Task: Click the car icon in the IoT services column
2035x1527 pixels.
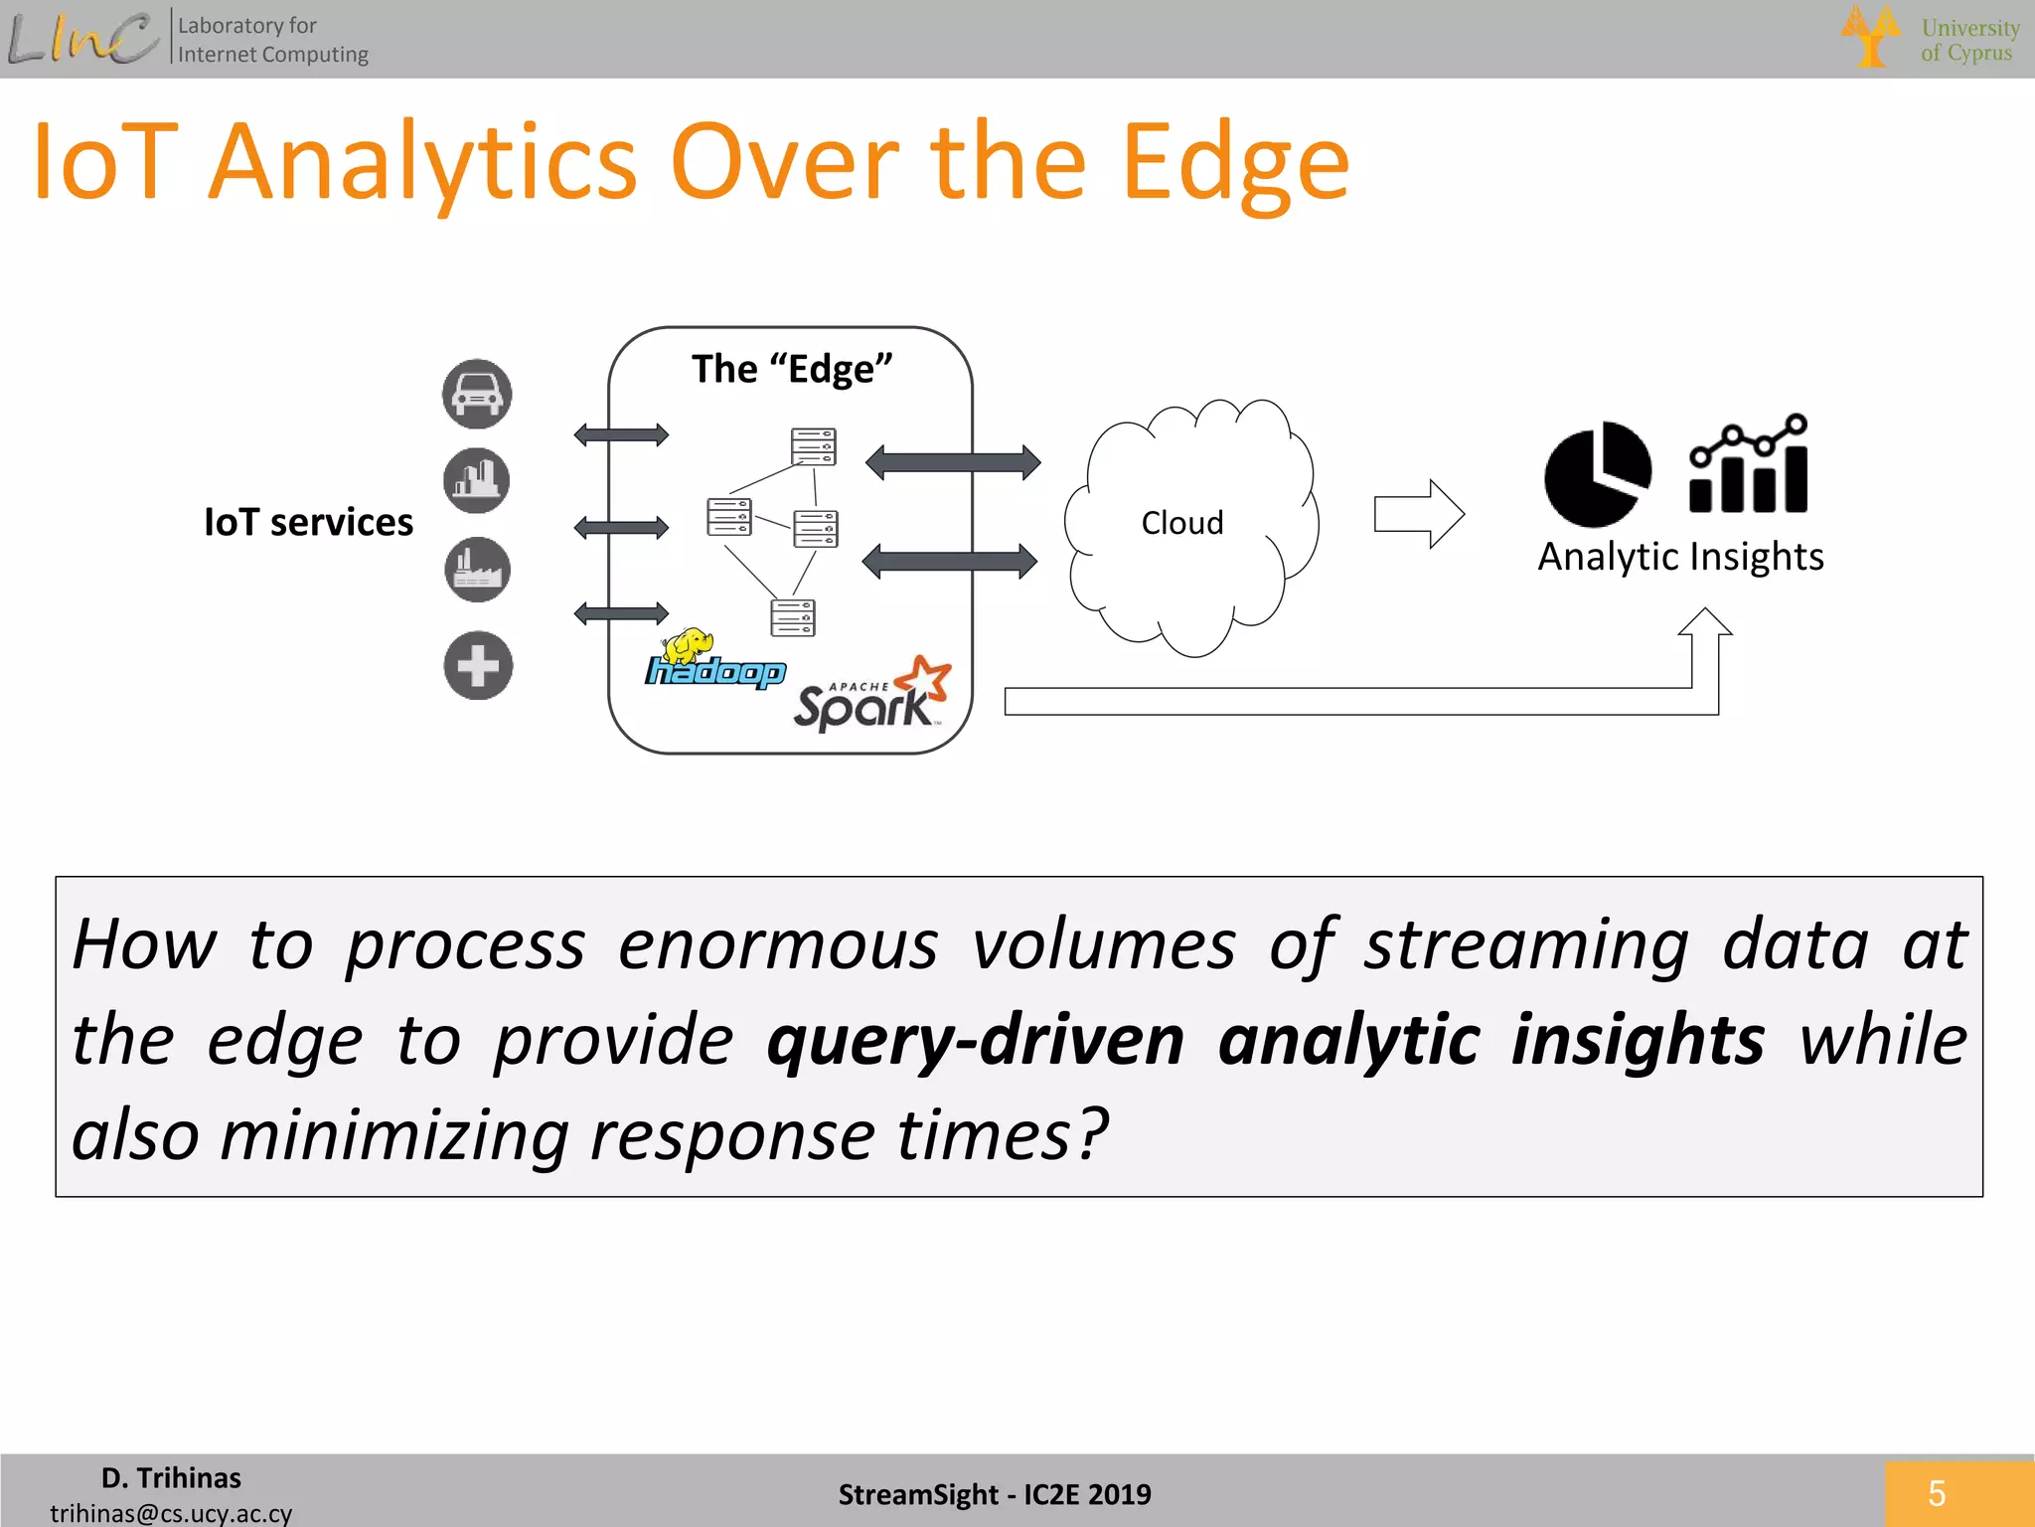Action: pos(477,395)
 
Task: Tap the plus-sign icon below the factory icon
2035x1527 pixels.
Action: pos(478,666)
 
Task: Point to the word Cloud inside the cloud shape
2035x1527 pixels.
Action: pos(1181,523)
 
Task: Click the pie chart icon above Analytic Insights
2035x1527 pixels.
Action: pos(1597,474)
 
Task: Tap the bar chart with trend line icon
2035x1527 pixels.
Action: pos(1749,464)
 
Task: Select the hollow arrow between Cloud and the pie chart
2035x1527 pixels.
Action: pos(1418,514)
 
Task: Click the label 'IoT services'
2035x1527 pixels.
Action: pos(308,523)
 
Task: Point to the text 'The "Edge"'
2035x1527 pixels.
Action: pos(792,370)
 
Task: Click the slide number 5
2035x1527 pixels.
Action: pos(1937,1493)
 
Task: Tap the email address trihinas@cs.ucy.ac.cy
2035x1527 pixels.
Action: pos(171,1513)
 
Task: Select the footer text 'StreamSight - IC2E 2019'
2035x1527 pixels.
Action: pos(994,1494)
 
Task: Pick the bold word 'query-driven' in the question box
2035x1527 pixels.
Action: pos(976,1040)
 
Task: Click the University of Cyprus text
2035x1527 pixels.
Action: pos(1969,40)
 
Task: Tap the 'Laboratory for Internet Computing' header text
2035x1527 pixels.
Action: pos(272,40)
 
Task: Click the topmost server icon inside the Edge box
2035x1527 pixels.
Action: pos(814,446)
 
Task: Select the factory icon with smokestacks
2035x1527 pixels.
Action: pos(477,571)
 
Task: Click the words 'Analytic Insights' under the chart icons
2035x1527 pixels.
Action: pos(1680,558)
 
